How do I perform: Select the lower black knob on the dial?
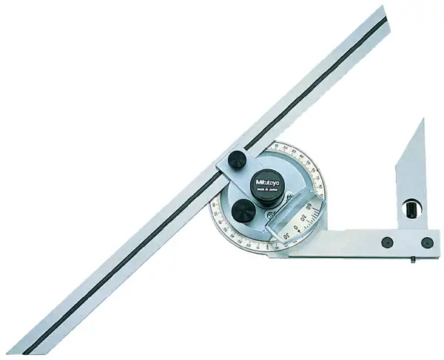[x=244, y=213]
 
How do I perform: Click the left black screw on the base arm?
[x=386, y=242]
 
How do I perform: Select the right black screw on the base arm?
[x=426, y=242]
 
